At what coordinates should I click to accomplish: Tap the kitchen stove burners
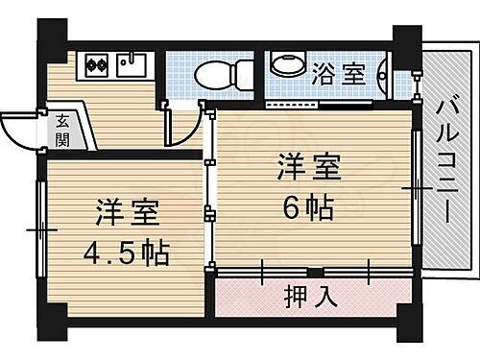[x=96, y=65]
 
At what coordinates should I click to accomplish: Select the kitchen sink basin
[x=130, y=64]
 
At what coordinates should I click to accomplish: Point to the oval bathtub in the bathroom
[x=286, y=63]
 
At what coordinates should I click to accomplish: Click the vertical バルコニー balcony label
[x=444, y=164]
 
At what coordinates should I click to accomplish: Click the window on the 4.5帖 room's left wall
[x=40, y=229]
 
